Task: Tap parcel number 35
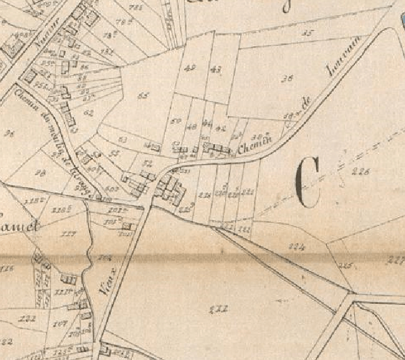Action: point(308,32)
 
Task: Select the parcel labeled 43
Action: point(215,69)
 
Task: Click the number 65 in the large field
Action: point(143,96)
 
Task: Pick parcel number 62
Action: point(88,113)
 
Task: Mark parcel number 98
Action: point(42,172)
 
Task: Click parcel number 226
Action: point(361,171)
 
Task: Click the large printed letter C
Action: point(308,182)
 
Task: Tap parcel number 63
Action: point(123,139)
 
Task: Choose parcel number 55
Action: point(114,153)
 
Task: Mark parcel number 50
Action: point(176,120)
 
